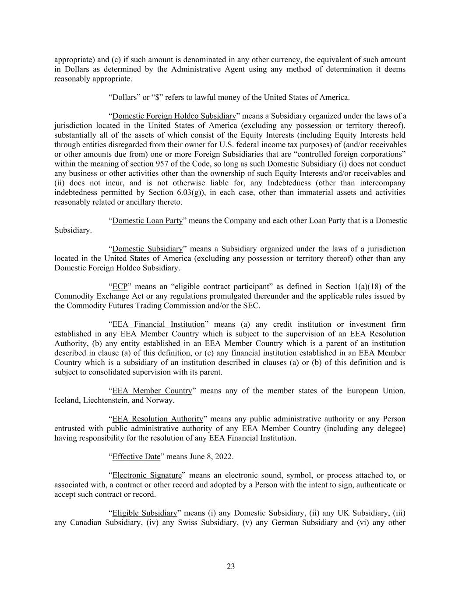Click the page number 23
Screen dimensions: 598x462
231,566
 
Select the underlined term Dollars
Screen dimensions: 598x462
124,97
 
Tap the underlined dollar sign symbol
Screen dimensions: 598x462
157,97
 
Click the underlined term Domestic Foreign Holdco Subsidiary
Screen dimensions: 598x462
174,116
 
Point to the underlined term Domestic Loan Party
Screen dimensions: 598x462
147,220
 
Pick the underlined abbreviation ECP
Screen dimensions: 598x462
120,287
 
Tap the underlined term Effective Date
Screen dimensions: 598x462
136,456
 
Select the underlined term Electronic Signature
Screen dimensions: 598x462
147,475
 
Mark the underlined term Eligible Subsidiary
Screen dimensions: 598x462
145,513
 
